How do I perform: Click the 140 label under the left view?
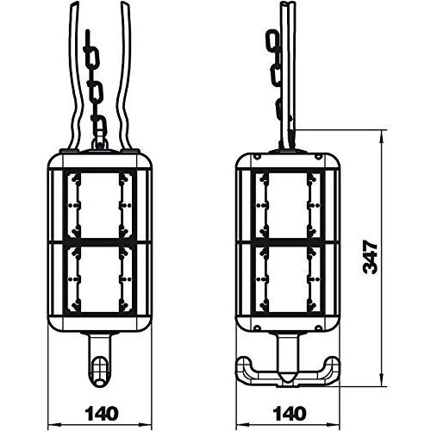pyautogui.click(x=102, y=414)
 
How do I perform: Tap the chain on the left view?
pyautogui.click(x=93, y=86)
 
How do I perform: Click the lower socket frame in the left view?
pyautogui.click(x=101, y=284)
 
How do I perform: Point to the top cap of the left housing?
pyautogui.click(x=101, y=160)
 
